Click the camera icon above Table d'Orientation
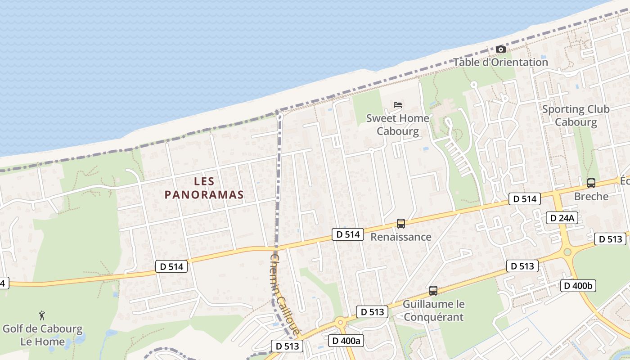point(500,49)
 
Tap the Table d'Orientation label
point(500,62)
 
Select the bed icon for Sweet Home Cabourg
point(398,105)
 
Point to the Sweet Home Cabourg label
point(398,125)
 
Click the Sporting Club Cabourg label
point(576,116)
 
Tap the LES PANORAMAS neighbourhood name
point(204,188)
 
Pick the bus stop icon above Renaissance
point(400,223)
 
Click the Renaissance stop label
point(400,237)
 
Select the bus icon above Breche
point(591,183)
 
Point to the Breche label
point(591,197)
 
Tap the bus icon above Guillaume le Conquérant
point(433,291)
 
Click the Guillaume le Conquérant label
point(433,310)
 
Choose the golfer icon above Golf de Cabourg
point(42,315)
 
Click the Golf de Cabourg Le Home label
point(43,335)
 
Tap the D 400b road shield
point(578,285)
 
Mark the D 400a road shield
point(346,341)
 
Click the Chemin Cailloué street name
point(285,295)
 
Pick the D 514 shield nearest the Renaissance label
point(348,234)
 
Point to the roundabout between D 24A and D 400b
point(567,252)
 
